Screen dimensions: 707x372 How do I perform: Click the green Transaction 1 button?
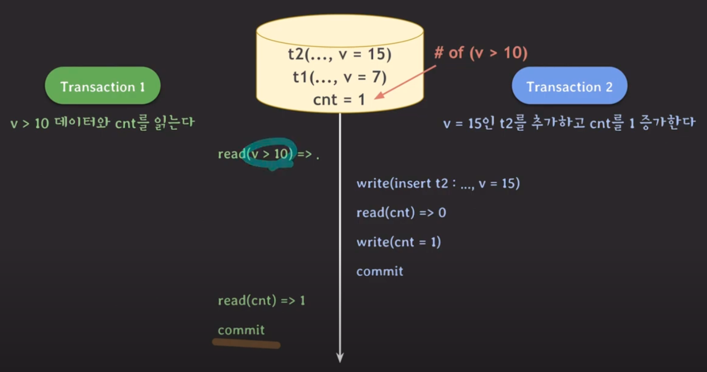click(x=103, y=85)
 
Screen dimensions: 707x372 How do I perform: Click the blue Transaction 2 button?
click(x=569, y=85)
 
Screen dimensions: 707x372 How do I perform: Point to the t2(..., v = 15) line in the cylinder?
click(x=340, y=54)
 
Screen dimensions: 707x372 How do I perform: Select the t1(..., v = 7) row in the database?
click(x=340, y=77)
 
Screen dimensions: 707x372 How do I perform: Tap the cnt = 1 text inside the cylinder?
click(x=339, y=99)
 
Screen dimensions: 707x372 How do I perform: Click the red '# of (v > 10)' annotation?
click(x=481, y=52)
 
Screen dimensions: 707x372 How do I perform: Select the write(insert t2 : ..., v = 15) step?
click(x=438, y=183)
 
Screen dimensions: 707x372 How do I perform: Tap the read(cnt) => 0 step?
click(x=401, y=213)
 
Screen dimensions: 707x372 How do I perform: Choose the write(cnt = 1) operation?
click(x=398, y=242)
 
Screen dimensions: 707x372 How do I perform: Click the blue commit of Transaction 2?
click(x=380, y=272)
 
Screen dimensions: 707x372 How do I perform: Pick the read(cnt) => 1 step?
click(x=261, y=301)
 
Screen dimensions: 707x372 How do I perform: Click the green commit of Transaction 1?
click(x=241, y=330)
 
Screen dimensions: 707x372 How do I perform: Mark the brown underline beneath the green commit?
click(x=246, y=343)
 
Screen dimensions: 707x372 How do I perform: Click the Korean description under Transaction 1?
click(x=102, y=123)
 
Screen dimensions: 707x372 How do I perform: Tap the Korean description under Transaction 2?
click(x=569, y=123)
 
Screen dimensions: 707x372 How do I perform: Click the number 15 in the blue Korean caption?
click(x=475, y=123)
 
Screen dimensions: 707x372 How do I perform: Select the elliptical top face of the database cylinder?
click(x=340, y=31)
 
